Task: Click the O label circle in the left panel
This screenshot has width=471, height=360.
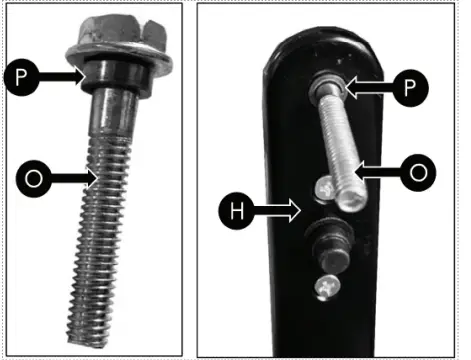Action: pyautogui.click(x=32, y=180)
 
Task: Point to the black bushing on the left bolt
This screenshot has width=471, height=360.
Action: pyautogui.click(x=111, y=80)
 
